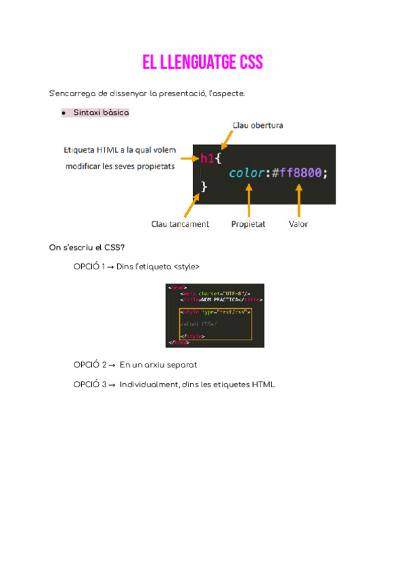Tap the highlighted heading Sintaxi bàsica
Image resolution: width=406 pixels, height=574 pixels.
(101, 113)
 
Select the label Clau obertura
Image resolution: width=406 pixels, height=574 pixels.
(257, 125)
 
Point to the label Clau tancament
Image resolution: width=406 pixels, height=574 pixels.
(180, 224)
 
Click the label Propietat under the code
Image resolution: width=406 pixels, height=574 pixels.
(248, 224)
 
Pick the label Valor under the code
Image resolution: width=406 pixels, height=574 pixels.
(298, 224)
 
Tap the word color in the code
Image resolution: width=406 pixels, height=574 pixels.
(246, 173)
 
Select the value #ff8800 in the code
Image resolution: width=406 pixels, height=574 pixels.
(298, 173)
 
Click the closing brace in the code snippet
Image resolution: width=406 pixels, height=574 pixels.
(204, 187)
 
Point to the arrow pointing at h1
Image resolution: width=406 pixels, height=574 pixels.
(189, 158)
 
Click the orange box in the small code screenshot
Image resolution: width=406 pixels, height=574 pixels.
(215, 324)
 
